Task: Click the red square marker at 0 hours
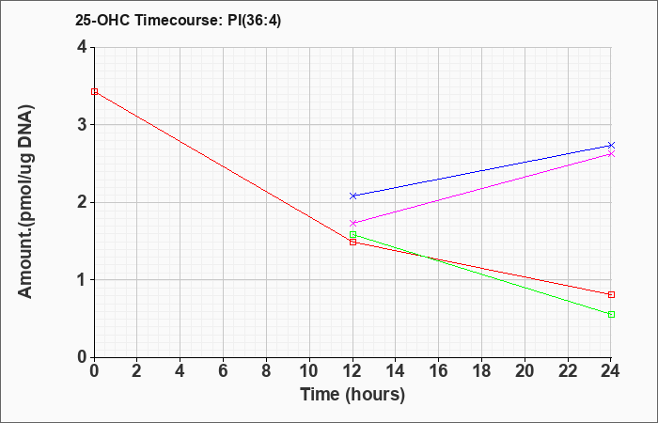(94, 91)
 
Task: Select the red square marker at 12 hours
(352, 243)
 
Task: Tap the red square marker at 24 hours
(611, 294)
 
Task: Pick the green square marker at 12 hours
(352, 235)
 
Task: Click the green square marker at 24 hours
(611, 314)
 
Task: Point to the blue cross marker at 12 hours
(352, 196)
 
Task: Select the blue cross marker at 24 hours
(611, 145)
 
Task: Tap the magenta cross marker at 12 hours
(352, 223)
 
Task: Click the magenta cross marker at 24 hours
(611, 154)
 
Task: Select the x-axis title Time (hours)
(352, 395)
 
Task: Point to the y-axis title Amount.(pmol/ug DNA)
(25, 201)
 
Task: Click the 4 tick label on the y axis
(82, 47)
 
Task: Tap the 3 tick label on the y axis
(82, 125)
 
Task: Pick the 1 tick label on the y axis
(82, 280)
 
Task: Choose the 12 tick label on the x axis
(352, 371)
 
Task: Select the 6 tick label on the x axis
(224, 371)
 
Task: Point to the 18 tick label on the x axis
(481, 371)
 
